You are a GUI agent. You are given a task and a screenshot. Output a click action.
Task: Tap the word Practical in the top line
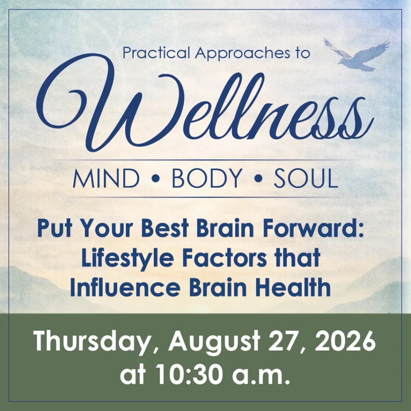(156, 53)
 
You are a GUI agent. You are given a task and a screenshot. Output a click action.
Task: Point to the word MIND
(106, 178)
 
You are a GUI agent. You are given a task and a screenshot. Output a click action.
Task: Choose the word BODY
(207, 178)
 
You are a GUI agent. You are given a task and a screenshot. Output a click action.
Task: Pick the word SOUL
(305, 178)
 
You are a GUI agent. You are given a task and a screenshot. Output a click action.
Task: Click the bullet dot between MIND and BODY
(156, 179)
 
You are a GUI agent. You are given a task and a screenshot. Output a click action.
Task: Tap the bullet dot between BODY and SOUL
(258, 179)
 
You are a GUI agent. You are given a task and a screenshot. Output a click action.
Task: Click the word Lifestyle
(128, 258)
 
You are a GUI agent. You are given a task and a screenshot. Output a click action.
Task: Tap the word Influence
(125, 287)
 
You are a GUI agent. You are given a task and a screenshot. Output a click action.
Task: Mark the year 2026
(345, 341)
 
